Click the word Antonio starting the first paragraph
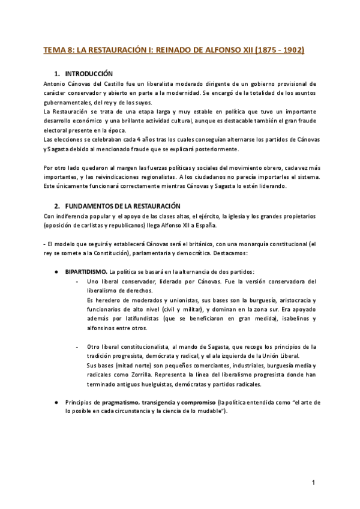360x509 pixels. (x=56, y=83)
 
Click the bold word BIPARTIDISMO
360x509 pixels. (x=86, y=272)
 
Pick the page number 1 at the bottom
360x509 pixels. (x=313, y=483)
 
